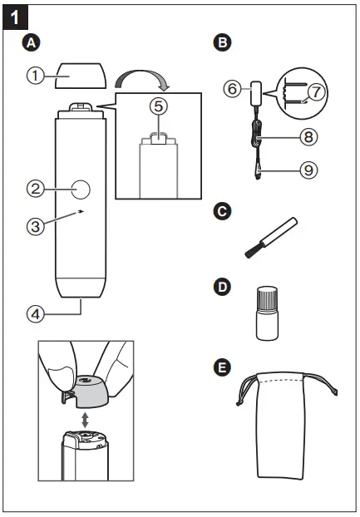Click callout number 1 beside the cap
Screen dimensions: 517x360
click(x=34, y=76)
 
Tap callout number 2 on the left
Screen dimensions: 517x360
click(x=34, y=189)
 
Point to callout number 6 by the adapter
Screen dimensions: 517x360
click(x=234, y=86)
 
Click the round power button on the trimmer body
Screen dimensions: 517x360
click(x=81, y=190)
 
